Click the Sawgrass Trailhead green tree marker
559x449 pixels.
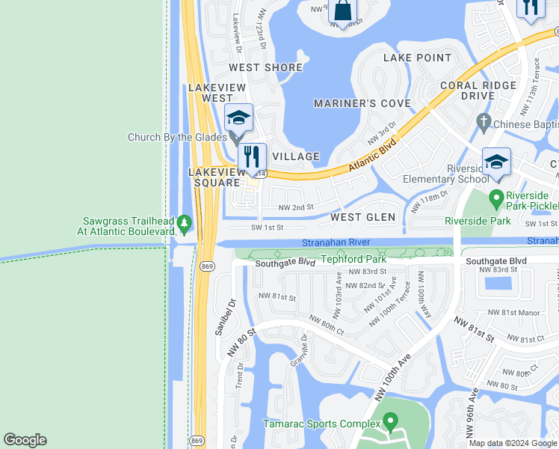[x=185, y=223]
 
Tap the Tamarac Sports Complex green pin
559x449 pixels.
[x=388, y=422]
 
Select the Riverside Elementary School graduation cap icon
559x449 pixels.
[x=496, y=162]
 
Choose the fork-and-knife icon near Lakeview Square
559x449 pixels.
[x=252, y=156]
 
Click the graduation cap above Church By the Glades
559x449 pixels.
[x=238, y=117]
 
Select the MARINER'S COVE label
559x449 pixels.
[x=362, y=103]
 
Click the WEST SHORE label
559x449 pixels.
[x=265, y=67]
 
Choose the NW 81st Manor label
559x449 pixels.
[x=513, y=312]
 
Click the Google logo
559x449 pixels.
[x=25, y=440]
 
